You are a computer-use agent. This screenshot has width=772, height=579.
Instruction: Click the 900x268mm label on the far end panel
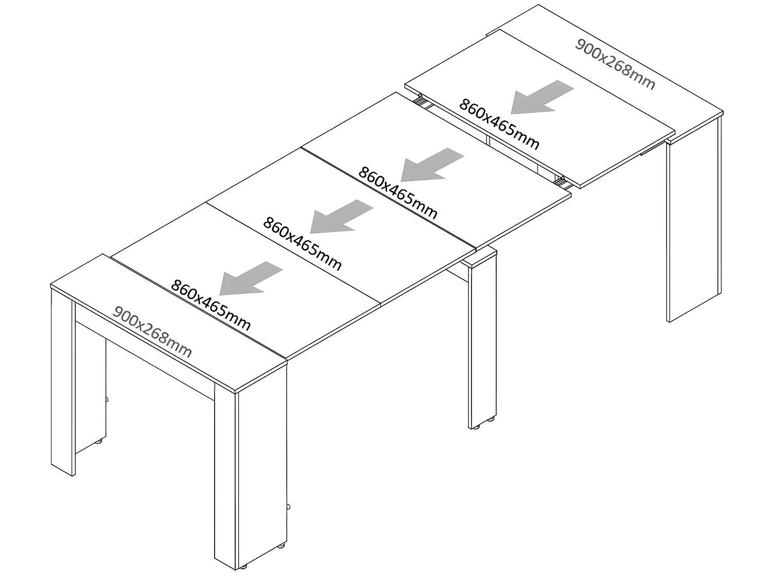click(615, 64)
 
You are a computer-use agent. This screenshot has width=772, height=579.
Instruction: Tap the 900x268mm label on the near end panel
click(152, 332)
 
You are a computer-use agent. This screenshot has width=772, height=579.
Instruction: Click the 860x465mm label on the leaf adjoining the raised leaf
click(398, 192)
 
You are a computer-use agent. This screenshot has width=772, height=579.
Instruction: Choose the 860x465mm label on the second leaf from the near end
click(302, 243)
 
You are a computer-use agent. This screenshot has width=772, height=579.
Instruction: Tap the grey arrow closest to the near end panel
click(250, 278)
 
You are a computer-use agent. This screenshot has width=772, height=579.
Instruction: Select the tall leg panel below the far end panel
click(693, 226)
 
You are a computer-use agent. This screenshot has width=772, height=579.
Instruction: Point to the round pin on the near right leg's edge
click(290, 507)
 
